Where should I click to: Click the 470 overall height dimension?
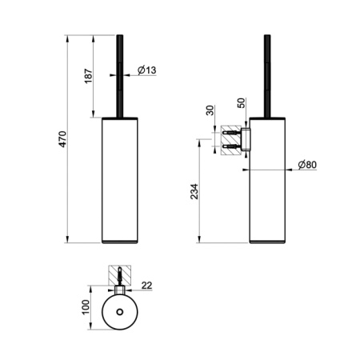coord(62,139)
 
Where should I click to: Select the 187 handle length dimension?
coord(89,76)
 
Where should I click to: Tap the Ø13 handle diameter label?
coord(147,70)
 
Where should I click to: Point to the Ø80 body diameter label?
coord(307,165)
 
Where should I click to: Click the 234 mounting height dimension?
coord(194,191)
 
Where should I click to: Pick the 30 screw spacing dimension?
coord(210,110)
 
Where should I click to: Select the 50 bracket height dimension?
coord(241,103)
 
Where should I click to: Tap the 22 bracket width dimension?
coord(146,286)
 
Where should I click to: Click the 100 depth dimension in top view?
coord(86,307)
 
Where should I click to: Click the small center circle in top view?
coord(120,311)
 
